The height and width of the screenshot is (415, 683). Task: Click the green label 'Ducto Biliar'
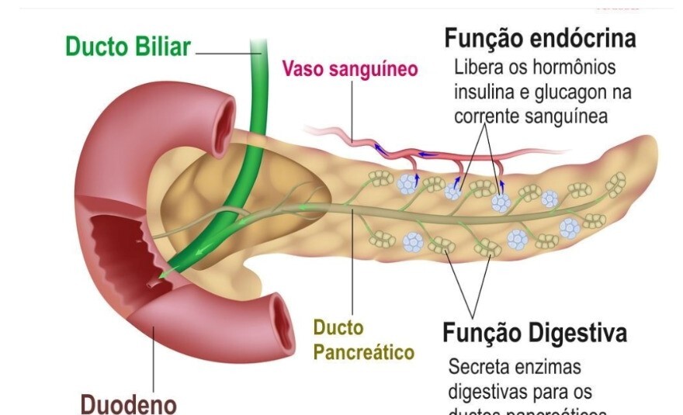click(127, 47)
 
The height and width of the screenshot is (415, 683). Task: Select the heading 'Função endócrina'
click(540, 37)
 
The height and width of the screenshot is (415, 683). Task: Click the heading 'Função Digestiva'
click(535, 334)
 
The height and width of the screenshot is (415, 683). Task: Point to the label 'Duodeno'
click(129, 403)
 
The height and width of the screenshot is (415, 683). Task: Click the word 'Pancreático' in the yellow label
click(363, 352)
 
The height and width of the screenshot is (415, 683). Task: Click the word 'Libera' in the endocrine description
click(477, 67)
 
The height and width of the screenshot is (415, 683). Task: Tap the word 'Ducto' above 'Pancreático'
click(338, 327)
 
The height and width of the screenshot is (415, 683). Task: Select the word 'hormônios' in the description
click(560, 67)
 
